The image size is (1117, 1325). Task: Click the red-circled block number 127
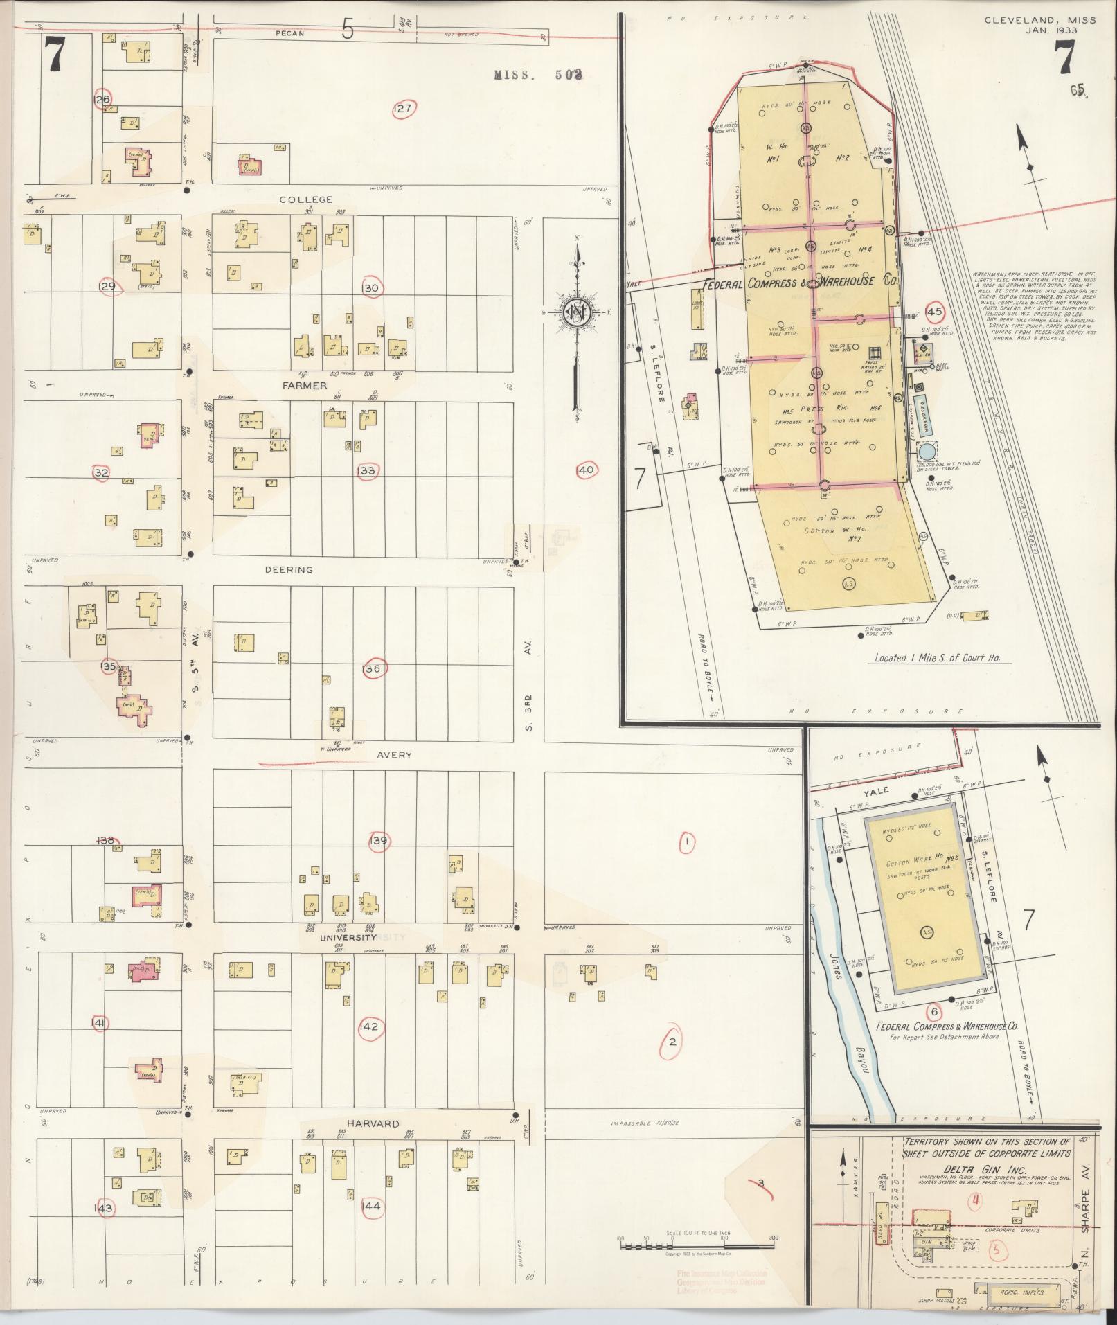[x=403, y=109]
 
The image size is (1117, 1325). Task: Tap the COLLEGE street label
[x=305, y=199]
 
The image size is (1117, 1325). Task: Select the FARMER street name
[x=304, y=385]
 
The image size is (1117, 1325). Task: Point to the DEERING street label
[x=289, y=570]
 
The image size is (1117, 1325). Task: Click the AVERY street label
[x=395, y=755]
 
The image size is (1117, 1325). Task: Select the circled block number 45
[x=936, y=312]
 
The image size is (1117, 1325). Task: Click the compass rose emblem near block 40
[x=575, y=312]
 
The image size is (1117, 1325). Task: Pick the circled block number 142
[x=369, y=1026]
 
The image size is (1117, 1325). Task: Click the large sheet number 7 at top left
[x=55, y=55]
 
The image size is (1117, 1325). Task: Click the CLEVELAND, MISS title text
[x=1040, y=20]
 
